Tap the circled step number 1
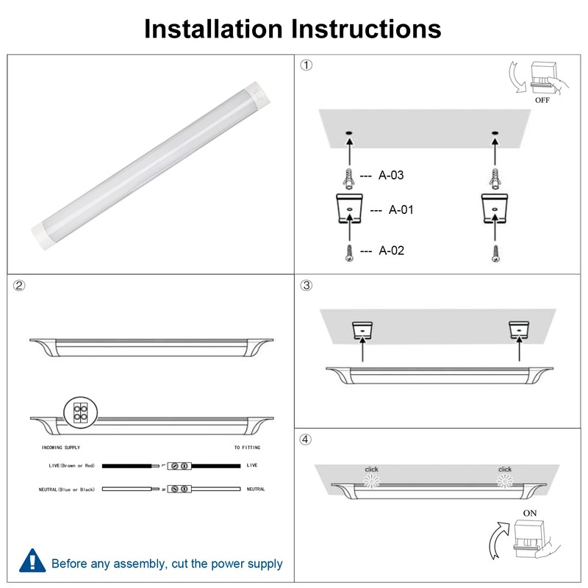coord(306,65)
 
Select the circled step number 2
coord(20,285)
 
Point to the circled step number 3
coord(306,285)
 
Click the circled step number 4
coord(306,440)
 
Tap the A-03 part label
coord(391,176)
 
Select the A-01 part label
coord(401,209)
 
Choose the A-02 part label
coord(391,251)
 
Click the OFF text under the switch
coord(542,100)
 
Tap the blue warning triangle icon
coord(31,561)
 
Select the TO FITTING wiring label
coord(246,448)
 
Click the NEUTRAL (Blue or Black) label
coord(67,489)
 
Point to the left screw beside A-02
coord(348,252)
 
